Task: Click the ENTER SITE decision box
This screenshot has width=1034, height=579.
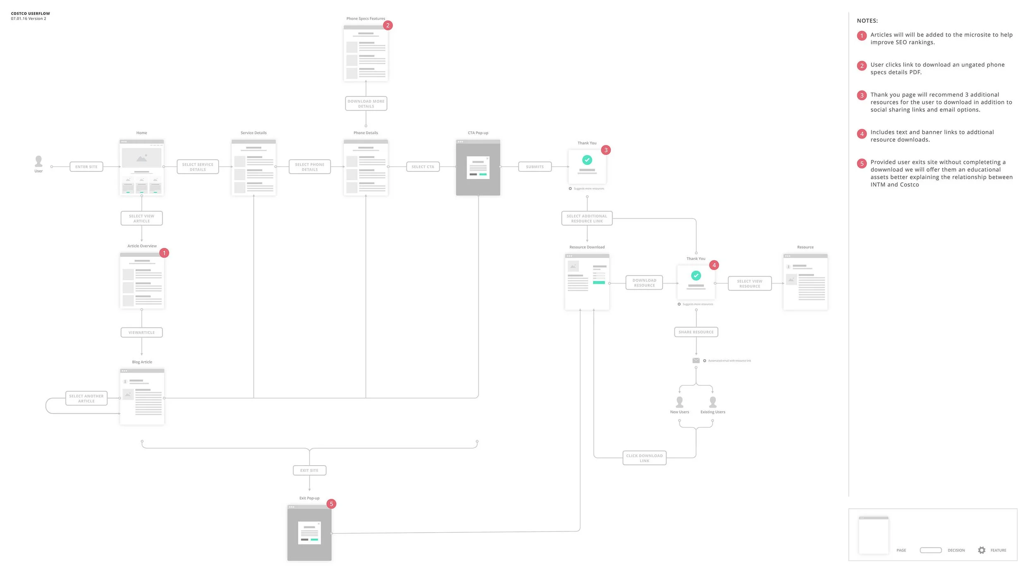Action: [86, 167]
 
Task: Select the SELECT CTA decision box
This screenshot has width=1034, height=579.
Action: [423, 167]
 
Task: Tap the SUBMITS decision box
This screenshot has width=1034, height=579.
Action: [535, 167]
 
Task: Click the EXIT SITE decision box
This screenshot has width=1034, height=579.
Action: [309, 471]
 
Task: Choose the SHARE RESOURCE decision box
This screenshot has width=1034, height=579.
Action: [696, 332]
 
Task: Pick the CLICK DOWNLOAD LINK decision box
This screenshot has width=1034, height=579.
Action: [644, 458]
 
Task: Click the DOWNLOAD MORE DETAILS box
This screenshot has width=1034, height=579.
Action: [366, 103]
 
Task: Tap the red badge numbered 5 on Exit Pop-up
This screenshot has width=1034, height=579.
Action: [331, 504]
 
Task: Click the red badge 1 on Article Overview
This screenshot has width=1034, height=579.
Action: [164, 253]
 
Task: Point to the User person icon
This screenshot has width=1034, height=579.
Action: [38, 161]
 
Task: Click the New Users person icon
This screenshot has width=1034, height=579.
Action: [680, 402]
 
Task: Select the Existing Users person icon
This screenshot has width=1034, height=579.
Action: [713, 402]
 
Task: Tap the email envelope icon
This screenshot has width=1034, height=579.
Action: [696, 360]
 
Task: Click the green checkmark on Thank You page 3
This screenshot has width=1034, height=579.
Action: [587, 160]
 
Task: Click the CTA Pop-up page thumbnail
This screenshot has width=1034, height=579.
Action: [478, 168]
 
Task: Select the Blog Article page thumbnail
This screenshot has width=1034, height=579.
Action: [142, 396]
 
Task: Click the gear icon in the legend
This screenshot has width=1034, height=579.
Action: [981, 550]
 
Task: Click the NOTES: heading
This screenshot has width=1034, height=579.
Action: [867, 21]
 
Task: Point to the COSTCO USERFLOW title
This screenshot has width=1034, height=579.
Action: [31, 14]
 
